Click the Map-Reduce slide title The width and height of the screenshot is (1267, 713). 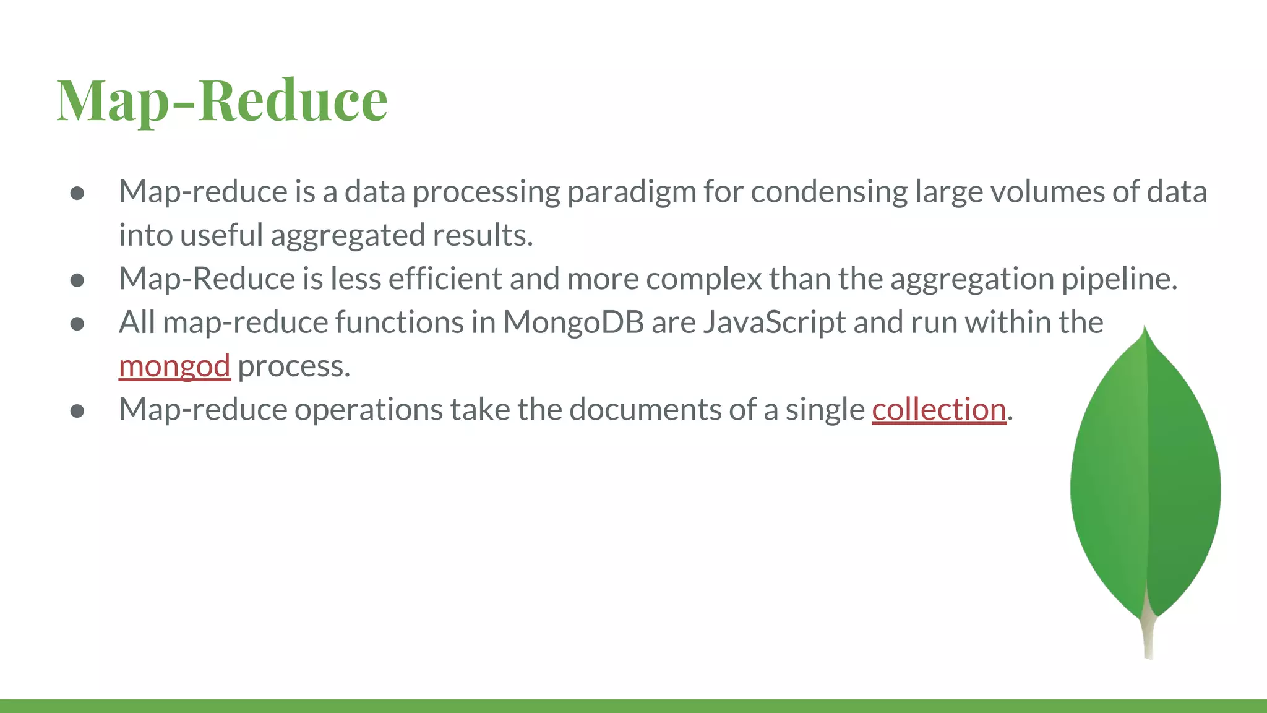tap(222, 100)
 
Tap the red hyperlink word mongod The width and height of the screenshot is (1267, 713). tap(174, 366)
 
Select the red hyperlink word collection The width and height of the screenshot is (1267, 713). tap(939, 409)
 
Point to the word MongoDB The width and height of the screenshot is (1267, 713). tap(573, 322)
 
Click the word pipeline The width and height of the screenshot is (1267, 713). tap(1119, 279)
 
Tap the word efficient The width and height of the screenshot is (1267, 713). tap(445, 279)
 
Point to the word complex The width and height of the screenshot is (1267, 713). tap(704, 279)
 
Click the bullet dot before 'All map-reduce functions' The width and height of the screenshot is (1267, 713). tap(77, 324)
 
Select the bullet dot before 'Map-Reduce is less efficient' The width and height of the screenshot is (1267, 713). tap(77, 280)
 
